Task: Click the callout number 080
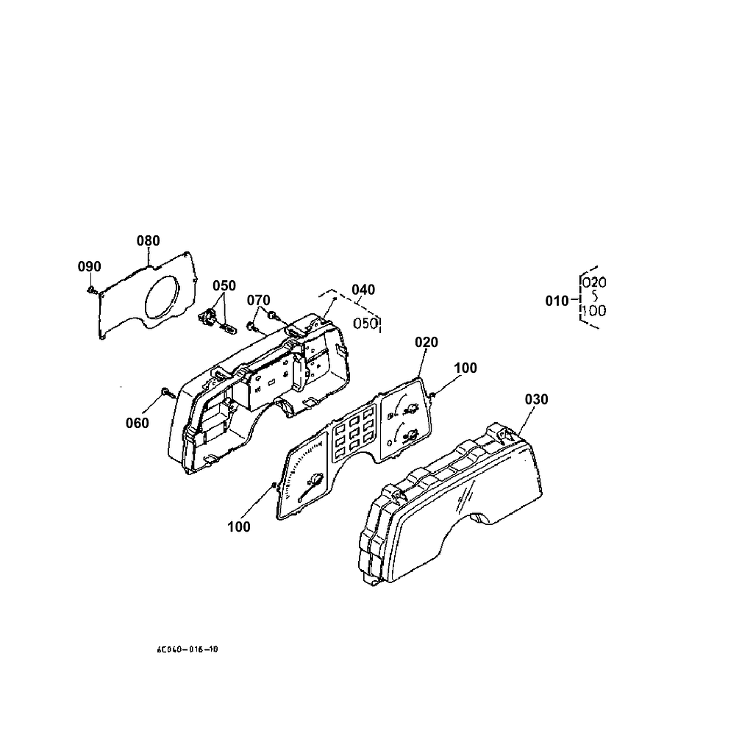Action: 148,240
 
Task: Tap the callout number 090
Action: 90,266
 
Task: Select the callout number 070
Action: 258,300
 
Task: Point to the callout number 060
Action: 137,423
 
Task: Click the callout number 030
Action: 536,399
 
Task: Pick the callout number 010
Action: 557,301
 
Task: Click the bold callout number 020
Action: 426,342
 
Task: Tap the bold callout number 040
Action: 363,290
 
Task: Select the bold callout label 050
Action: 224,285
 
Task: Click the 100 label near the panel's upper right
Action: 465,368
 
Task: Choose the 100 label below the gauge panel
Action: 239,527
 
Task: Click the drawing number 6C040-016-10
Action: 187,650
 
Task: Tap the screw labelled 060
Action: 165,393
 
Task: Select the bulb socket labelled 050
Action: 209,319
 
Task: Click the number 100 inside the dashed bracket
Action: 593,310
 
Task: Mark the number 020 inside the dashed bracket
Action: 593,282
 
